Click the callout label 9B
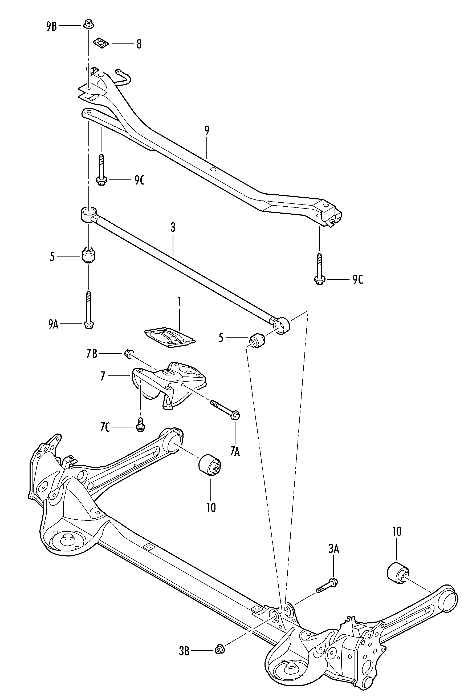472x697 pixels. coord(51,26)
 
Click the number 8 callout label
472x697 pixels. coord(139,44)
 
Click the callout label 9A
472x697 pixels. coord(53,324)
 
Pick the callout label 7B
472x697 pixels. coord(92,354)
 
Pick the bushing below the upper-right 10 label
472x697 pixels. coord(398,574)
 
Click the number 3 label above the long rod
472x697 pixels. coord(173,228)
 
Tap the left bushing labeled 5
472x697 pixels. coord(88,255)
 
